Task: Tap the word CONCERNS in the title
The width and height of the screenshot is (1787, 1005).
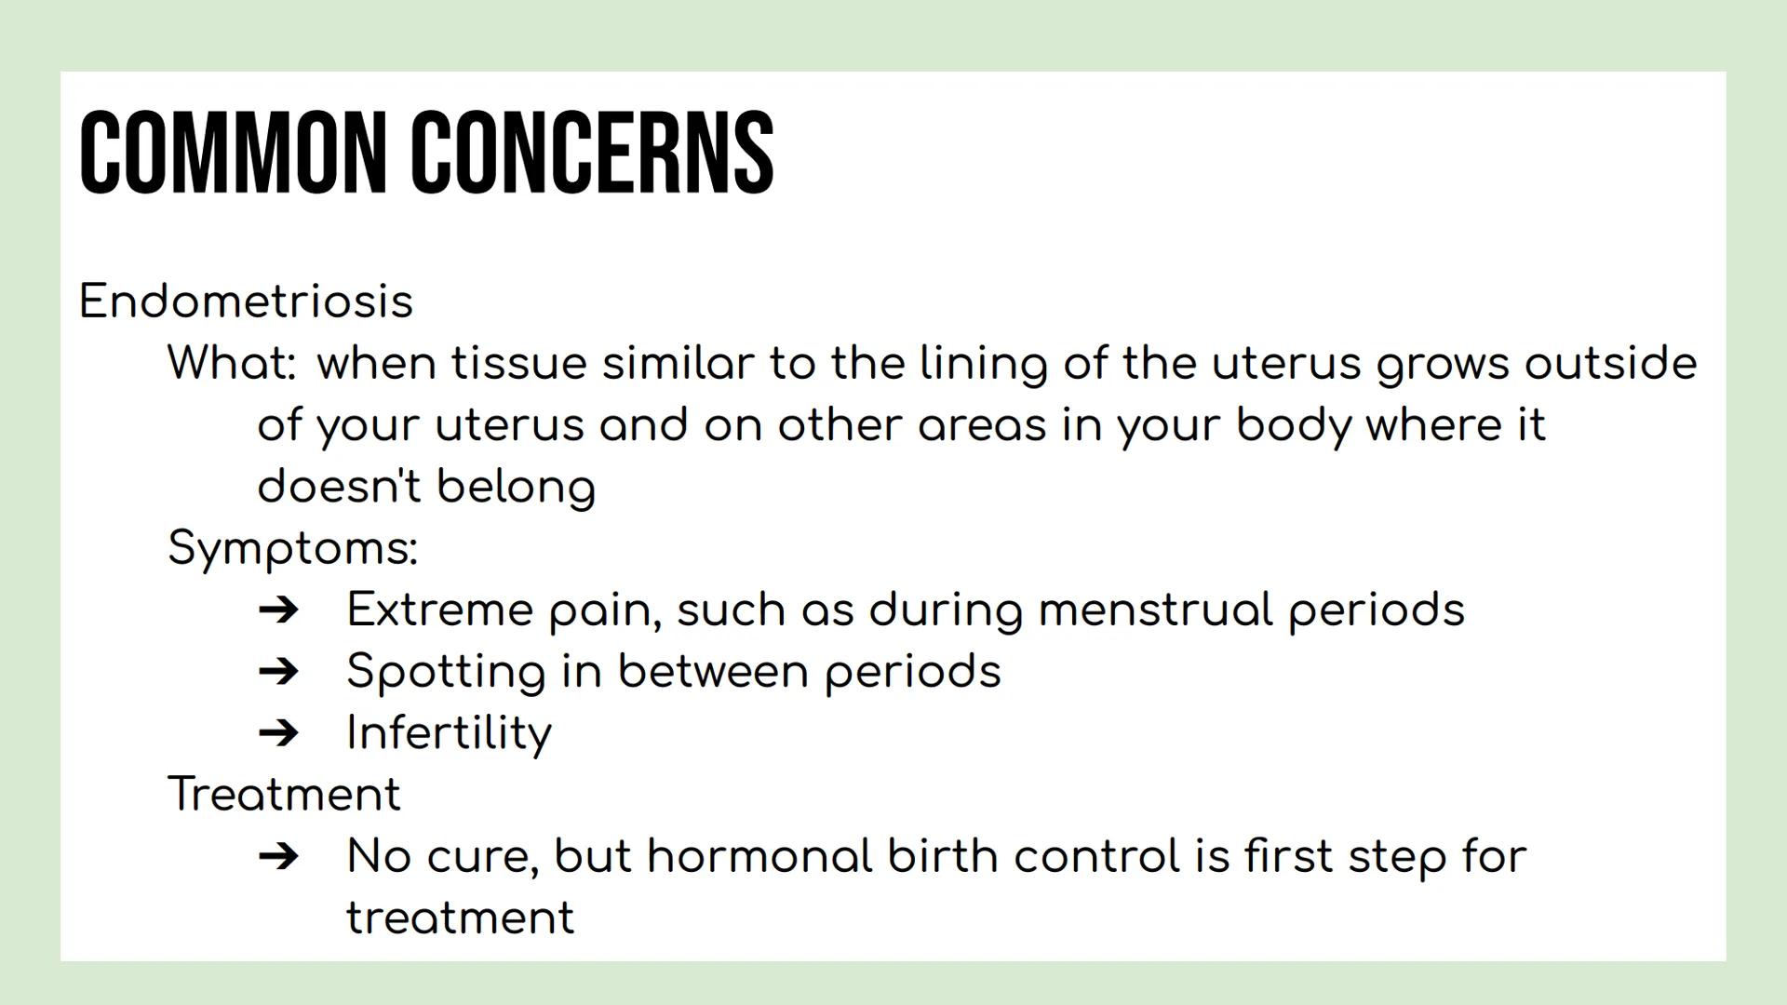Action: click(592, 153)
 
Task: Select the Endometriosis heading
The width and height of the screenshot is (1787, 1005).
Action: click(246, 301)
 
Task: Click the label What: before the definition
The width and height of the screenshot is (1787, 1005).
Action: click(232, 363)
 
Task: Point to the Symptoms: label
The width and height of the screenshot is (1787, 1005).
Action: click(292, 548)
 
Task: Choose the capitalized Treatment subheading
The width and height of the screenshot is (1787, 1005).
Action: click(284, 795)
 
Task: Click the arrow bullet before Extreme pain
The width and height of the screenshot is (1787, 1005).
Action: click(278, 610)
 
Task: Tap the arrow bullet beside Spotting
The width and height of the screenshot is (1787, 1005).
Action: click(278, 671)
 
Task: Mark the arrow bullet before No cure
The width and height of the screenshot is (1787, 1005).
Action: click(278, 856)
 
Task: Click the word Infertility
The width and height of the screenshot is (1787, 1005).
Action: click(449, 733)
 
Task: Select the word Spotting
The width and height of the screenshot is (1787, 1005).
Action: click(446, 672)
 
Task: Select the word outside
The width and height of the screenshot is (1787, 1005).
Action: click(1610, 363)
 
